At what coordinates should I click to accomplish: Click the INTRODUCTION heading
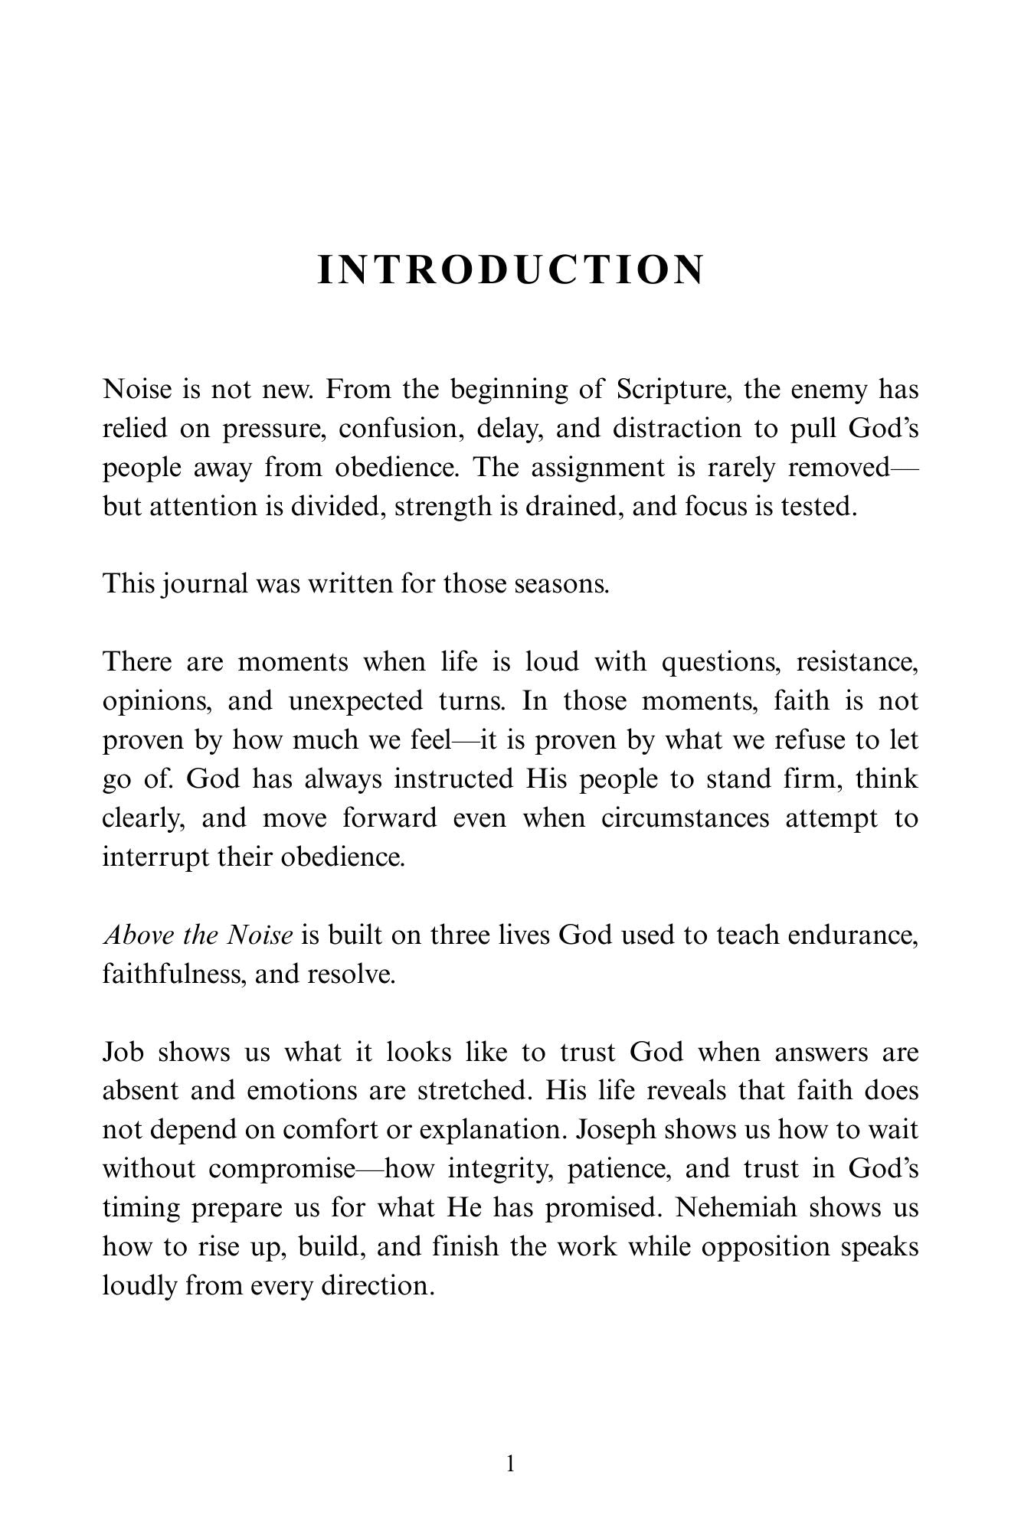(x=510, y=270)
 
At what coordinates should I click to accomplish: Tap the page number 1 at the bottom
(x=511, y=1464)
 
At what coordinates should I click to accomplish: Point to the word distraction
(x=676, y=429)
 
